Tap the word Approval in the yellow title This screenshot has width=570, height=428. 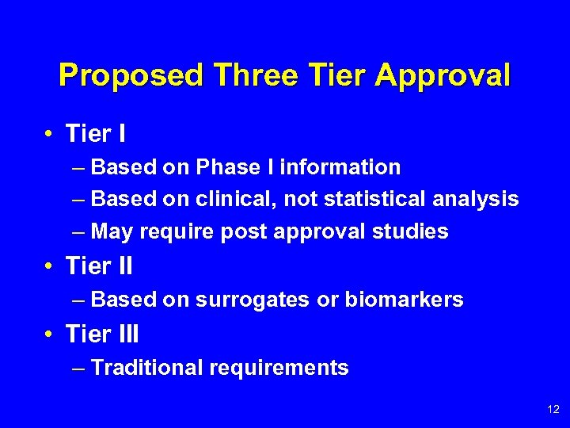(x=443, y=76)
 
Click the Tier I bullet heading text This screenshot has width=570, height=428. (x=96, y=135)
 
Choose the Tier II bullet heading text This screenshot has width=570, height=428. (x=99, y=267)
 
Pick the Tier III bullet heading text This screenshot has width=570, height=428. (x=102, y=334)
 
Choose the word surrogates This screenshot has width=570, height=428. (x=245, y=300)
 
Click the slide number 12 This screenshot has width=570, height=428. (x=553, y=409)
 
